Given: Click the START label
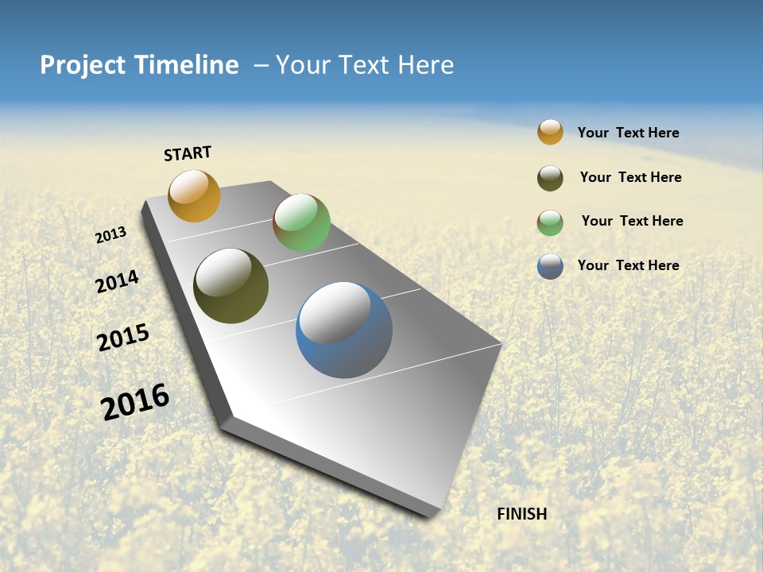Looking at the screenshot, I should pyautogui.click(x=188, y=153).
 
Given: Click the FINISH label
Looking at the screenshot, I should pyautogui.click(x=522, y=514).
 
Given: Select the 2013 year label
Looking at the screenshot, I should pyautogui.click(x=111, y=235).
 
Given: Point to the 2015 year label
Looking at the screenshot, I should pyautogui.click(x=123, y=338).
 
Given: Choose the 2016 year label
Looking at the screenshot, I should pyautogui.click(x=135, y=402).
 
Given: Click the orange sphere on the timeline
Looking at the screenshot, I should pyautogui.click(x=194, y=195).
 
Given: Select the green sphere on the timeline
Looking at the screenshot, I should pyautogui.click(x=301, y=222).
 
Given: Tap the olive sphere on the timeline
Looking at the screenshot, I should pyautogui.click(x=230, y=286).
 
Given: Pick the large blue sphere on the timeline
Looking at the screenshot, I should pyautogui.click(x=344, y=330).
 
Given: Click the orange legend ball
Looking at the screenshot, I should pyautogui.click(x=550, y=132).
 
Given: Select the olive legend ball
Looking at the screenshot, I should pyautogui.click(x=550, y=178).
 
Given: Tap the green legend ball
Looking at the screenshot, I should pyautogui.click(x=550, y=222).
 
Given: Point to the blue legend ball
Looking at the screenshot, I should pyautogui.click(x=550, y=266).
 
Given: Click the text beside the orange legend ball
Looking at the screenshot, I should pyautogui.click(x=628, y=133).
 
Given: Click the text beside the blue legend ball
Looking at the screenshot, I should pyautogui.click(x=628, y=265).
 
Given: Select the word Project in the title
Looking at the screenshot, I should pyautogui.click(x=83, y=65).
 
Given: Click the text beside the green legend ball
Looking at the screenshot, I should pyautogui.click(x=632, y=221).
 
